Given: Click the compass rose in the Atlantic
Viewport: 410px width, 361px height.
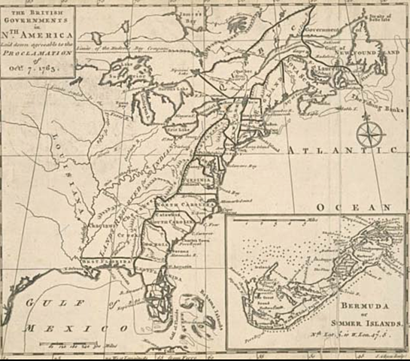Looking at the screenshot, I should tap(368, 136).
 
